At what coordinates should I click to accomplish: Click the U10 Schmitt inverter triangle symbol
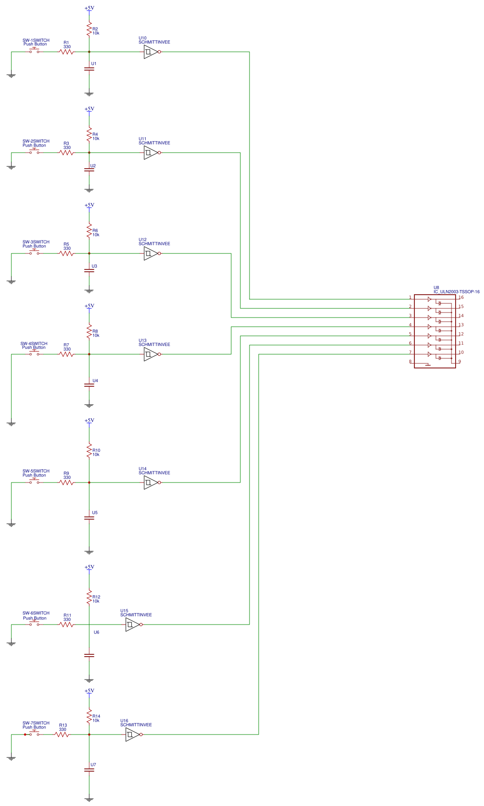(151, 52)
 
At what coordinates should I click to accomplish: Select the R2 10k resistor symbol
(89, 29)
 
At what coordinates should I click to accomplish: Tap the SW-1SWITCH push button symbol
(34, 51)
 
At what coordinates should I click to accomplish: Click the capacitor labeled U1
(89, 69)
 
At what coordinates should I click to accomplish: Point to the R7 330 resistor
(66, 354)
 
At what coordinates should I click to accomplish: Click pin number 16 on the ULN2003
(461, 297)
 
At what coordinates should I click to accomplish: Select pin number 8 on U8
(410, 362)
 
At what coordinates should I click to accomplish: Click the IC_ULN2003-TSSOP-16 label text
(456, 292)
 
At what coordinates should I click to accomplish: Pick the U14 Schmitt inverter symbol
(151, 483)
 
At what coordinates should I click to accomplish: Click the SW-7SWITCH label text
(36, 723)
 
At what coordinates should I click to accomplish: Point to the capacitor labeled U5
(89, 518)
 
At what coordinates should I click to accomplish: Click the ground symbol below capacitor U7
(89, 799)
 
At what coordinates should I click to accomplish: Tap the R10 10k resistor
(89, 451)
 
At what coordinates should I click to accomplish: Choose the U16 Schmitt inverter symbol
(132, 735)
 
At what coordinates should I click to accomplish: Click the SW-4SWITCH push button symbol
(34, 353)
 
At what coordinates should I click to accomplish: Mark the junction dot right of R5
(89, 253)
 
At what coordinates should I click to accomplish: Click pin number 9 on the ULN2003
(459, 362)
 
